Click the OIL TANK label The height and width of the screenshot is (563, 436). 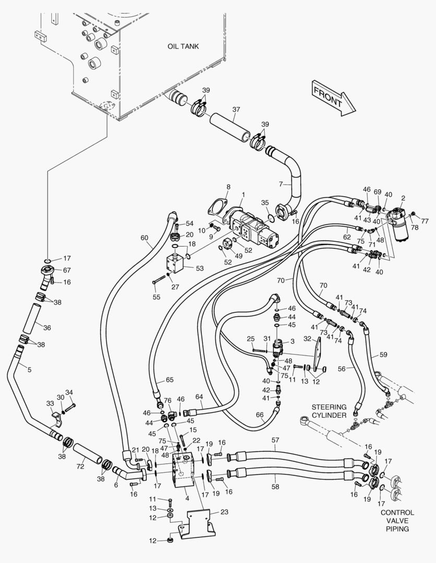tap(183, 46)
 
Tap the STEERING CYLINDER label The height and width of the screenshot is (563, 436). tap(329, 411)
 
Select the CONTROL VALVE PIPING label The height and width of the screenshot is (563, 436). tap(397, 521)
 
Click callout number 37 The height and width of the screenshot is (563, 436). tap(236, 109)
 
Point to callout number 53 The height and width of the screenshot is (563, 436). tap(199, 268)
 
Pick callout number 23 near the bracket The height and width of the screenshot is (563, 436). tap(224, 512)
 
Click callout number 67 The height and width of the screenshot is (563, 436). tap(67, 270)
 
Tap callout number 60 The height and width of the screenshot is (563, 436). tap(144, 238)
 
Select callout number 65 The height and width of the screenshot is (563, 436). tap(169, 380)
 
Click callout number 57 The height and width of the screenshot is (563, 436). tap(276, 440)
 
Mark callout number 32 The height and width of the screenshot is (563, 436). tap(307, 338)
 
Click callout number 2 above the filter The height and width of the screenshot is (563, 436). tap(403, 198)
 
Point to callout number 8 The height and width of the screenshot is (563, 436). tap(228, 187)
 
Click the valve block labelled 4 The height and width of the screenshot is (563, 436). tap(183, 470)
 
